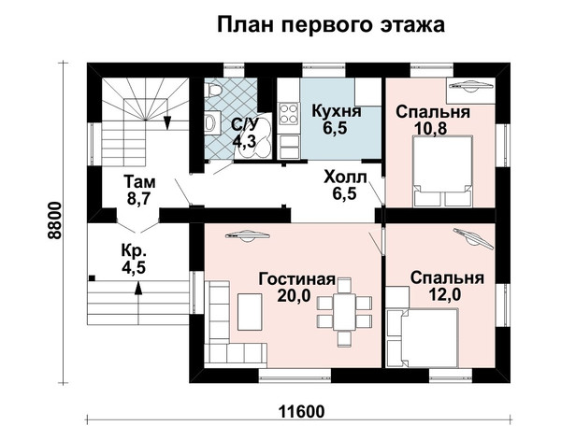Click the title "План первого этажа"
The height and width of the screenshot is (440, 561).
pyautogui.click(x=331, y=25)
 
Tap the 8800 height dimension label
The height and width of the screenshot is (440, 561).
pyautogui.click(x=54, y=220)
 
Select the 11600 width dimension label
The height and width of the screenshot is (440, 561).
pyautogui.click(x=302, y=412)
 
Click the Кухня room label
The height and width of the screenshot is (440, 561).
pyautogui.click(x=337, y=111)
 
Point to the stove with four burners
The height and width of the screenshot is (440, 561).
pyautogui.click(x=288, y=113)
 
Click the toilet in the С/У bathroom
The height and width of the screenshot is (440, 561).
pyautogui.click(x=213, y=90)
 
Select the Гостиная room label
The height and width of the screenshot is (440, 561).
pyautogui.click(x=297, y=279)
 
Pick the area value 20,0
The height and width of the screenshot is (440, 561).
pyautogui.click(x=294, y=295)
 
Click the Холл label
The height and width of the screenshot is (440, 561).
pyautogui.click(x=345, y=177)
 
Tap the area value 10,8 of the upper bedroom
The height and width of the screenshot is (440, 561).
pyautogui.click(x=430, y=128)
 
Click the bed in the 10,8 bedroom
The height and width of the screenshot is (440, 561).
pyautogui.click(x=442, y=171)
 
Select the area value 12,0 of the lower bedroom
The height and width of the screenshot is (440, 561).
pyautogui.click(x=445, y=294)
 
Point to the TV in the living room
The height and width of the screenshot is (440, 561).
pyautogui.click(x=247, y=236)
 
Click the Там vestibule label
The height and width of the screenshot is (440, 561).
pyautogui.click(x=139, y=182)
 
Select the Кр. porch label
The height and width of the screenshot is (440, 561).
pyautogui.click(x=134, y=250)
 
